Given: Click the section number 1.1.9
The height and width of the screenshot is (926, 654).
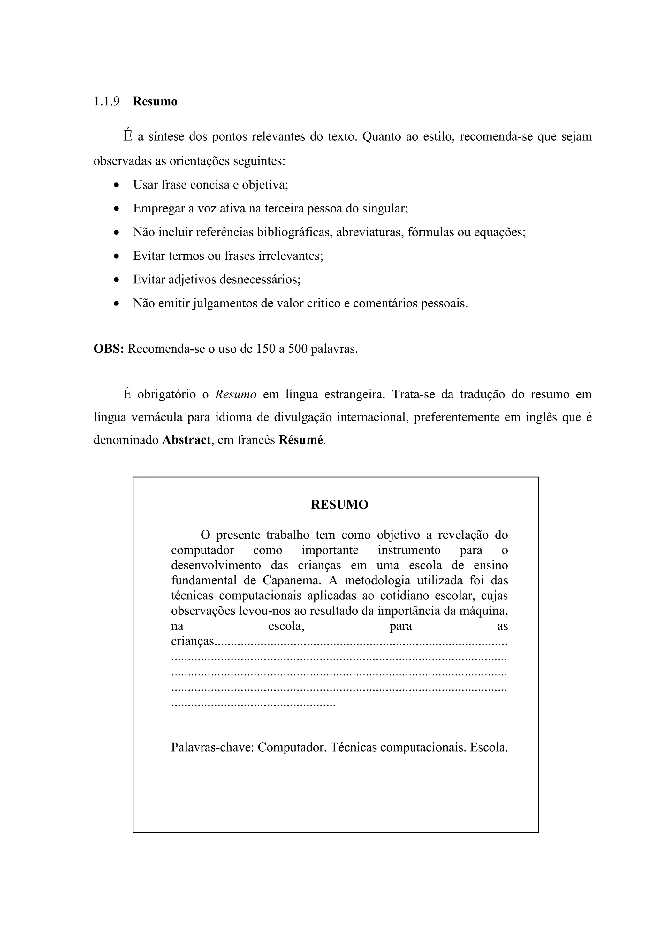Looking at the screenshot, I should point(106,101).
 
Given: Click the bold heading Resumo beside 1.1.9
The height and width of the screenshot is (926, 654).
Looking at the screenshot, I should point(155,101).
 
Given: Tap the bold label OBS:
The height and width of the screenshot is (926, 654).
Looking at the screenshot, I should point(108,349).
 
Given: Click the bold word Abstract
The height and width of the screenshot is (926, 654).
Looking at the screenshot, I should point(186,440).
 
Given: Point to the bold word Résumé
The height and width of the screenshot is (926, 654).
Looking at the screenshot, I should point(300,440).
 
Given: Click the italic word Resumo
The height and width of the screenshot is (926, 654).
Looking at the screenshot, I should point(235,394).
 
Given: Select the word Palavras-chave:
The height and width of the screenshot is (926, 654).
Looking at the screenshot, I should point(212,747).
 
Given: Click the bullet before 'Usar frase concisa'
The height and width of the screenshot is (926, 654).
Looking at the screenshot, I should point(117,186).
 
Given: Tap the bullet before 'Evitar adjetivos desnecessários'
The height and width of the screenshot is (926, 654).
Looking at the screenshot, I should point(117,280).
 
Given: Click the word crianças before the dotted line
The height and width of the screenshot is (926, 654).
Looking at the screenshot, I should point(193,641).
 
